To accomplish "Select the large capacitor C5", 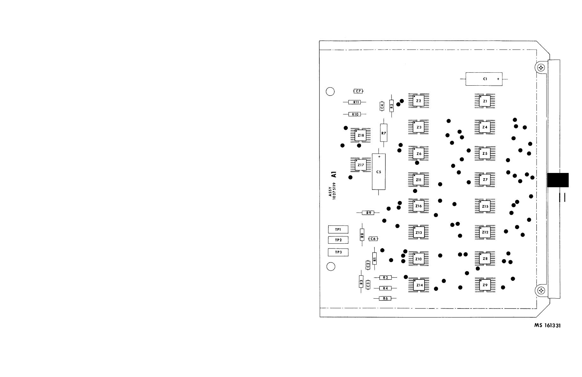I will tap(378, 172).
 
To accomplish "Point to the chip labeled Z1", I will tap(485, 101).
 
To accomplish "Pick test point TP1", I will tap(338, 229).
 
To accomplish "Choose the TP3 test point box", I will tap(338, 252).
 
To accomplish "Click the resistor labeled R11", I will tap(354, 102).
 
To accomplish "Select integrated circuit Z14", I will tap(419, 285).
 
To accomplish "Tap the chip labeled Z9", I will tap(485, 285).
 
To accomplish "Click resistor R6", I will tap(385, 298).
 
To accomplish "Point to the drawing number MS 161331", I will tap(547, 326).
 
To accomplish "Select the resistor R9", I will tap(368, 213).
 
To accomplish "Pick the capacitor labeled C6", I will tap(373, 239).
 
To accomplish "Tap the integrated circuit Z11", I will tap(418, 180).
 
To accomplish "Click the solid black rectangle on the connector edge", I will tap(558, 180).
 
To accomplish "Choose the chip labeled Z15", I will tap(485, 206).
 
